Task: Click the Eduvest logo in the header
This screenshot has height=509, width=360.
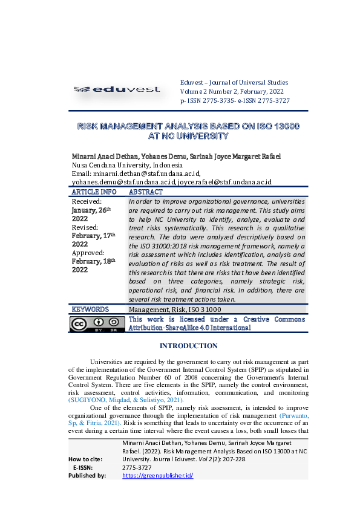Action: click(x=116, y=90)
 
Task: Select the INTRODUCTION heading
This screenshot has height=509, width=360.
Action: click(x=188, y=346)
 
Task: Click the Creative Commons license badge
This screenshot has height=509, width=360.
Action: click(x=97, y=323)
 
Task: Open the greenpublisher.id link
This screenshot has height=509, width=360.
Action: click(x=157, y=475)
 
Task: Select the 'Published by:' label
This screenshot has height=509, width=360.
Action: click(x=88, y=475)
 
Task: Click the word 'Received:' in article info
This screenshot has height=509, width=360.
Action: click(x=87, y=201)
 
